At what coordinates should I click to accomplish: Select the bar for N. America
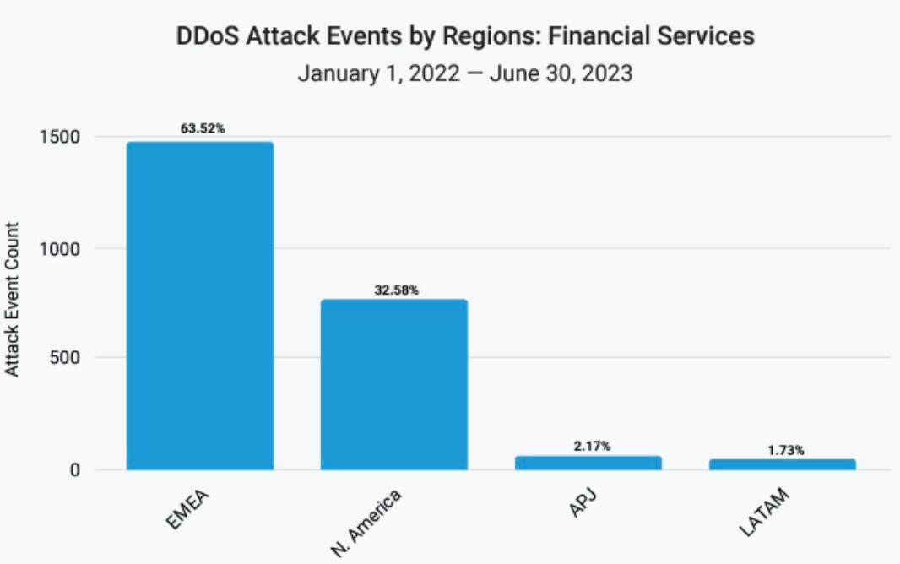tap(393, 384)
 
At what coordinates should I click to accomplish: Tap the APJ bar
tap(588, 463)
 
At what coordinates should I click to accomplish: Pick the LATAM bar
tap(783, 464)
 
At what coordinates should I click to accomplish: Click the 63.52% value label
tap(203, 128)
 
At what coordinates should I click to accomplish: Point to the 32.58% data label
tap(396, 290)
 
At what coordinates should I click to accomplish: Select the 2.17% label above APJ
tap(590, 445)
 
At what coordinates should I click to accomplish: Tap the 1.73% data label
tap(785, 450)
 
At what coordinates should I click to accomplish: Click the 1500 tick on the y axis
tap(59, 137)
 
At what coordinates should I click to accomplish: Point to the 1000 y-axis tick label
tap(59, 249)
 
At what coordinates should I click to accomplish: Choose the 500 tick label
tap(64, 358)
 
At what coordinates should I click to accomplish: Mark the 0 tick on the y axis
tap(77, 469)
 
